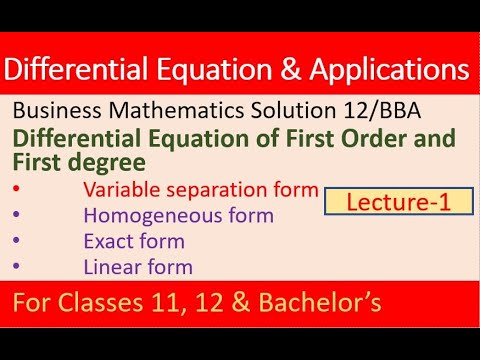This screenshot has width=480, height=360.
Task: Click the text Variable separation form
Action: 200,189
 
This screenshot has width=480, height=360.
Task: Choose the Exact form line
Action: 133,241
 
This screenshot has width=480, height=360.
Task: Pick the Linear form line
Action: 138,266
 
